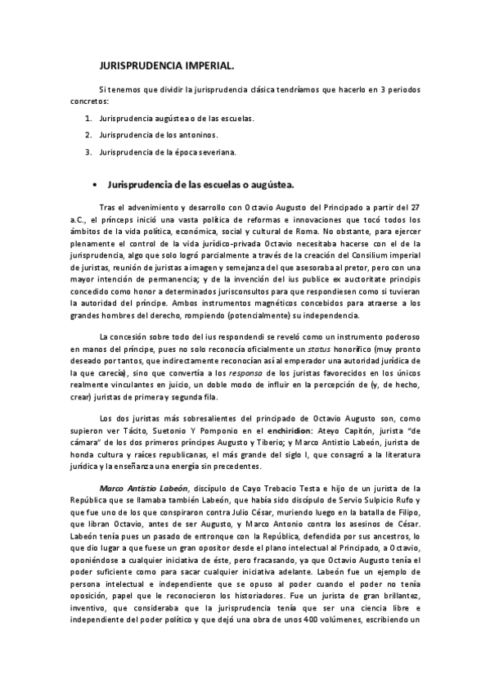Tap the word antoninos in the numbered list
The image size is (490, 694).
point(197,134)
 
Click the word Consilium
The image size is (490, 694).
point(355,255)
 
